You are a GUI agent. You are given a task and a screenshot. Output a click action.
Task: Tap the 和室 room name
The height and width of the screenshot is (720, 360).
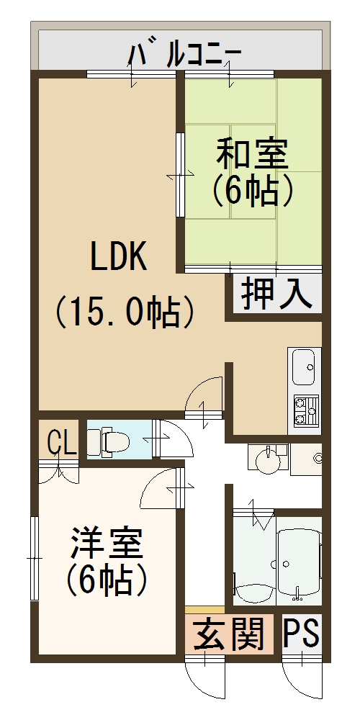pos(252,154)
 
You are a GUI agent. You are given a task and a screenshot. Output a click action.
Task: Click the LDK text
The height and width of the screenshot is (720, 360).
pos(119,257)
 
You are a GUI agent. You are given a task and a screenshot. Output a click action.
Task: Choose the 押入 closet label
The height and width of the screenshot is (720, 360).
pos(276,294)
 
